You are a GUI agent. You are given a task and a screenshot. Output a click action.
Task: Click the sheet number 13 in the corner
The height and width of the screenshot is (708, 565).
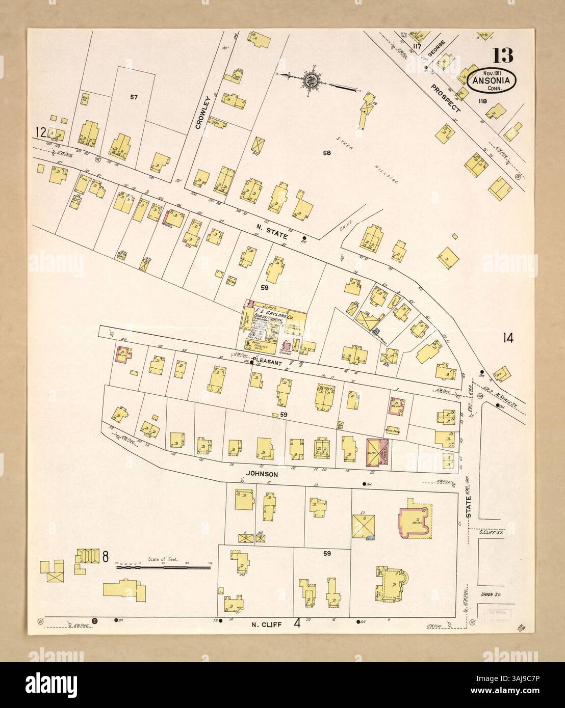pyautogui.click(x=502, y=54)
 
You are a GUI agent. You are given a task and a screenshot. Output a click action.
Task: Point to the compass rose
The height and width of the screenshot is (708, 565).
pyautogui.click(x=311, y=80)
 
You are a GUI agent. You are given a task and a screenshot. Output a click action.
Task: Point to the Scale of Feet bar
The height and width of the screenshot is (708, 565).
pyautogui.click(x=163, y=566)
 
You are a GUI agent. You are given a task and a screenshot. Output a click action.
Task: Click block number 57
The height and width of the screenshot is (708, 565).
pyautogui.click(x=134, y=96)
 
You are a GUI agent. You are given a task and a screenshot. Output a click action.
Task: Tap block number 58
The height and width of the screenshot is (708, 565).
pyautogui.click(x=327, y=152)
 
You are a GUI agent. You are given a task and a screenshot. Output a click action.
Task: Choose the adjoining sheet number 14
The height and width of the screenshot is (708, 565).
pyautogui.click(x=507, y=337)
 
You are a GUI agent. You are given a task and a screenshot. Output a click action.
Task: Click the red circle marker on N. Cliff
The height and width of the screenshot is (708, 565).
pyautogui.click(x=94, y=620)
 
